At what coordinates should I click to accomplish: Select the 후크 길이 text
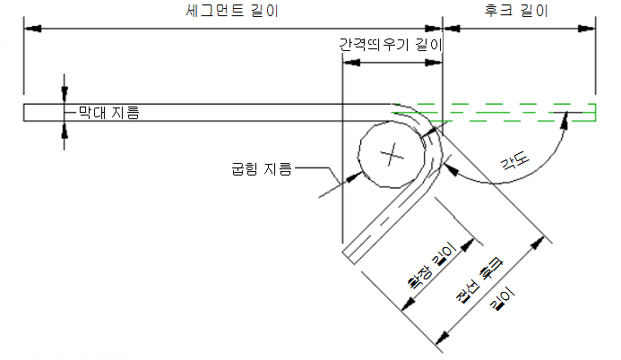[515, 11]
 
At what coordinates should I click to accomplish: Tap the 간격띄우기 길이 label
[392, 44]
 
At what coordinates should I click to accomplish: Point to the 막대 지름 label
[108, 112]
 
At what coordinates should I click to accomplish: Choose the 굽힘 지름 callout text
[261, 167]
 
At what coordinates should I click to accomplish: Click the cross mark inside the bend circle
[391, 157]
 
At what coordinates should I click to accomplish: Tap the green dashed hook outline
[520, 111]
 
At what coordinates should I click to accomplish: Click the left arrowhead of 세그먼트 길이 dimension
[32, 28]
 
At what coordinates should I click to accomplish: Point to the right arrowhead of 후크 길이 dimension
[591, 28]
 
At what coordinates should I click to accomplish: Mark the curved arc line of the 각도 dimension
[529, 170]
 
